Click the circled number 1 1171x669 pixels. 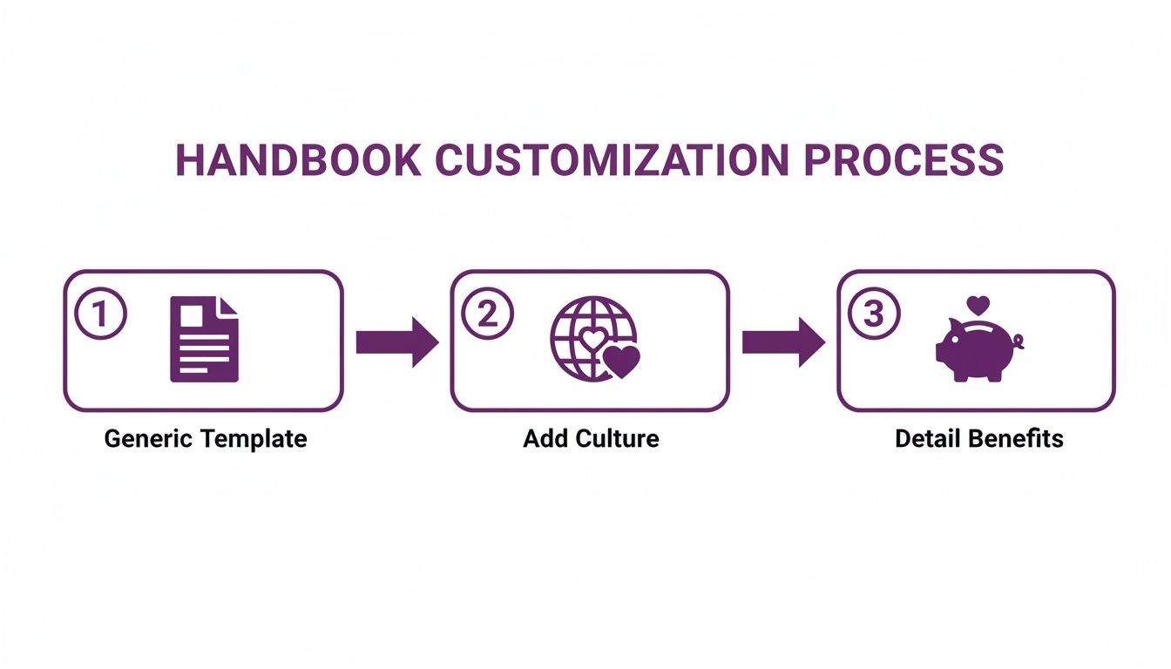pos(101,314)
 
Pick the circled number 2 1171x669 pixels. pos(487,314)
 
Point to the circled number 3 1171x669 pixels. pos(873,314)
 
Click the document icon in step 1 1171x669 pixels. pos(204,339)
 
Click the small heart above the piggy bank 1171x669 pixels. pos(978,306)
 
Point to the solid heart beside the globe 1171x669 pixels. pos(622,361)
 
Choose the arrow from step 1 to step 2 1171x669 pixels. pos(396,341)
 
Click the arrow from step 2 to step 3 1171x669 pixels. pos(782,341)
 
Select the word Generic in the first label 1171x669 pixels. pos(141,438)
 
